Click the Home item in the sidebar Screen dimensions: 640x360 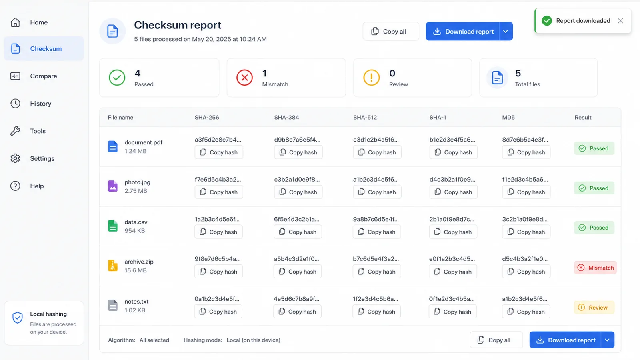[x=38, y=22]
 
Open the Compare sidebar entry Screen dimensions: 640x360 [x=44, y=76]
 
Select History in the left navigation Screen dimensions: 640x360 [x=40, y=104]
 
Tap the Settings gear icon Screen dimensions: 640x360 [x=16, y=158]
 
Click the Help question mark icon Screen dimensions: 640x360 [x=16, y=186]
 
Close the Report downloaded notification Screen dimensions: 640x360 [x=620, y=21]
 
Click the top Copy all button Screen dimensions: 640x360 [x=391, y=31]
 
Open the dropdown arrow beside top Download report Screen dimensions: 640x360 [x=506, y=31]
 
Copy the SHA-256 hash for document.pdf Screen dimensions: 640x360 [x=219, y=152]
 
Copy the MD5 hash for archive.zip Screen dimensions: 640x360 [x=526, y=272]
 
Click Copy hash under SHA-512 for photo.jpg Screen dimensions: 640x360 [x=377, y=192]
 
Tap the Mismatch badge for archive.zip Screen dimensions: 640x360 [x=596, y=268]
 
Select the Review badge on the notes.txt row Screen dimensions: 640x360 [x=594, y=308]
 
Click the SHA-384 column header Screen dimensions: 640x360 [x=286, y=118]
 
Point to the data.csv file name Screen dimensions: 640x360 [x=136, y=222]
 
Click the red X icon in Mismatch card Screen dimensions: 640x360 [x=244, y=78]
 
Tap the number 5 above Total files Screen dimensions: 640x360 [x=518, y=74]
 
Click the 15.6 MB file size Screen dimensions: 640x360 [x=136, y=270]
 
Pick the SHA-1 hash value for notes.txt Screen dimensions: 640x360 [x=452, y=299]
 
